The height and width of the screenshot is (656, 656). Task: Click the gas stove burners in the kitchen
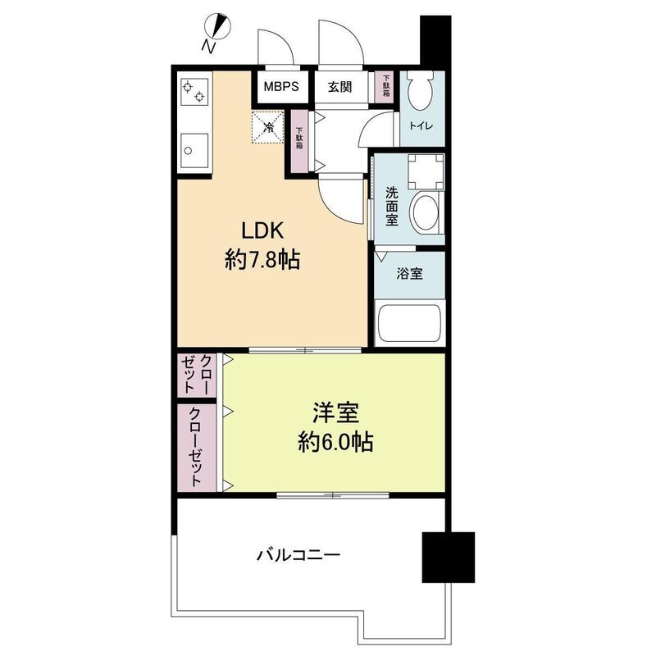194,93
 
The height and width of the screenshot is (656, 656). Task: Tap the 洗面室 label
392,207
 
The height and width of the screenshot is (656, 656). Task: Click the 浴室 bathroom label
410,273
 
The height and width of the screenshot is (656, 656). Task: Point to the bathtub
410,324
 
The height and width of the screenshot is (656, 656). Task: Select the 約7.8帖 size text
262,260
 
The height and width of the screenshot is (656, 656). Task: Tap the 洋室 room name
335,412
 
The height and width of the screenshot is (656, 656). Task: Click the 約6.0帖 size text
335,443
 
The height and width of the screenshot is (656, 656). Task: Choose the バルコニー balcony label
298,555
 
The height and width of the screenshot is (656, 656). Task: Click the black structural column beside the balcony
448,557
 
